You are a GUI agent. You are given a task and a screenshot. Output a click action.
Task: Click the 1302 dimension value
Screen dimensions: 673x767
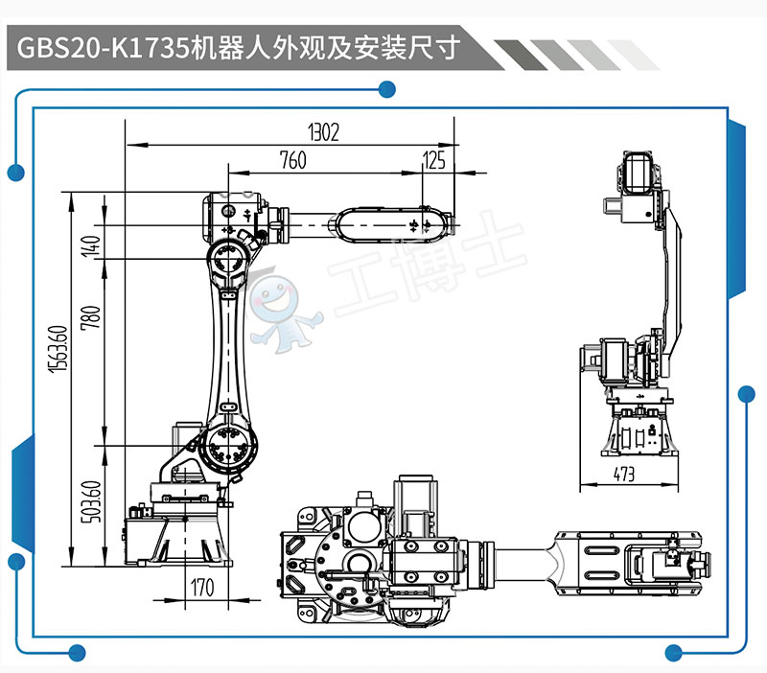[x=324, y=132]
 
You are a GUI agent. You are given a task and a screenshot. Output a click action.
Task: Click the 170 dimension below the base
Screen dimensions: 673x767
[x=201, y=587]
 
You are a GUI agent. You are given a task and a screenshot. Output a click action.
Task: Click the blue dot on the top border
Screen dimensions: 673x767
[x=387, y=90]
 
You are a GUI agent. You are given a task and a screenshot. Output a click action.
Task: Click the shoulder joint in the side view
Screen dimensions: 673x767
[x=230, y=445]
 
